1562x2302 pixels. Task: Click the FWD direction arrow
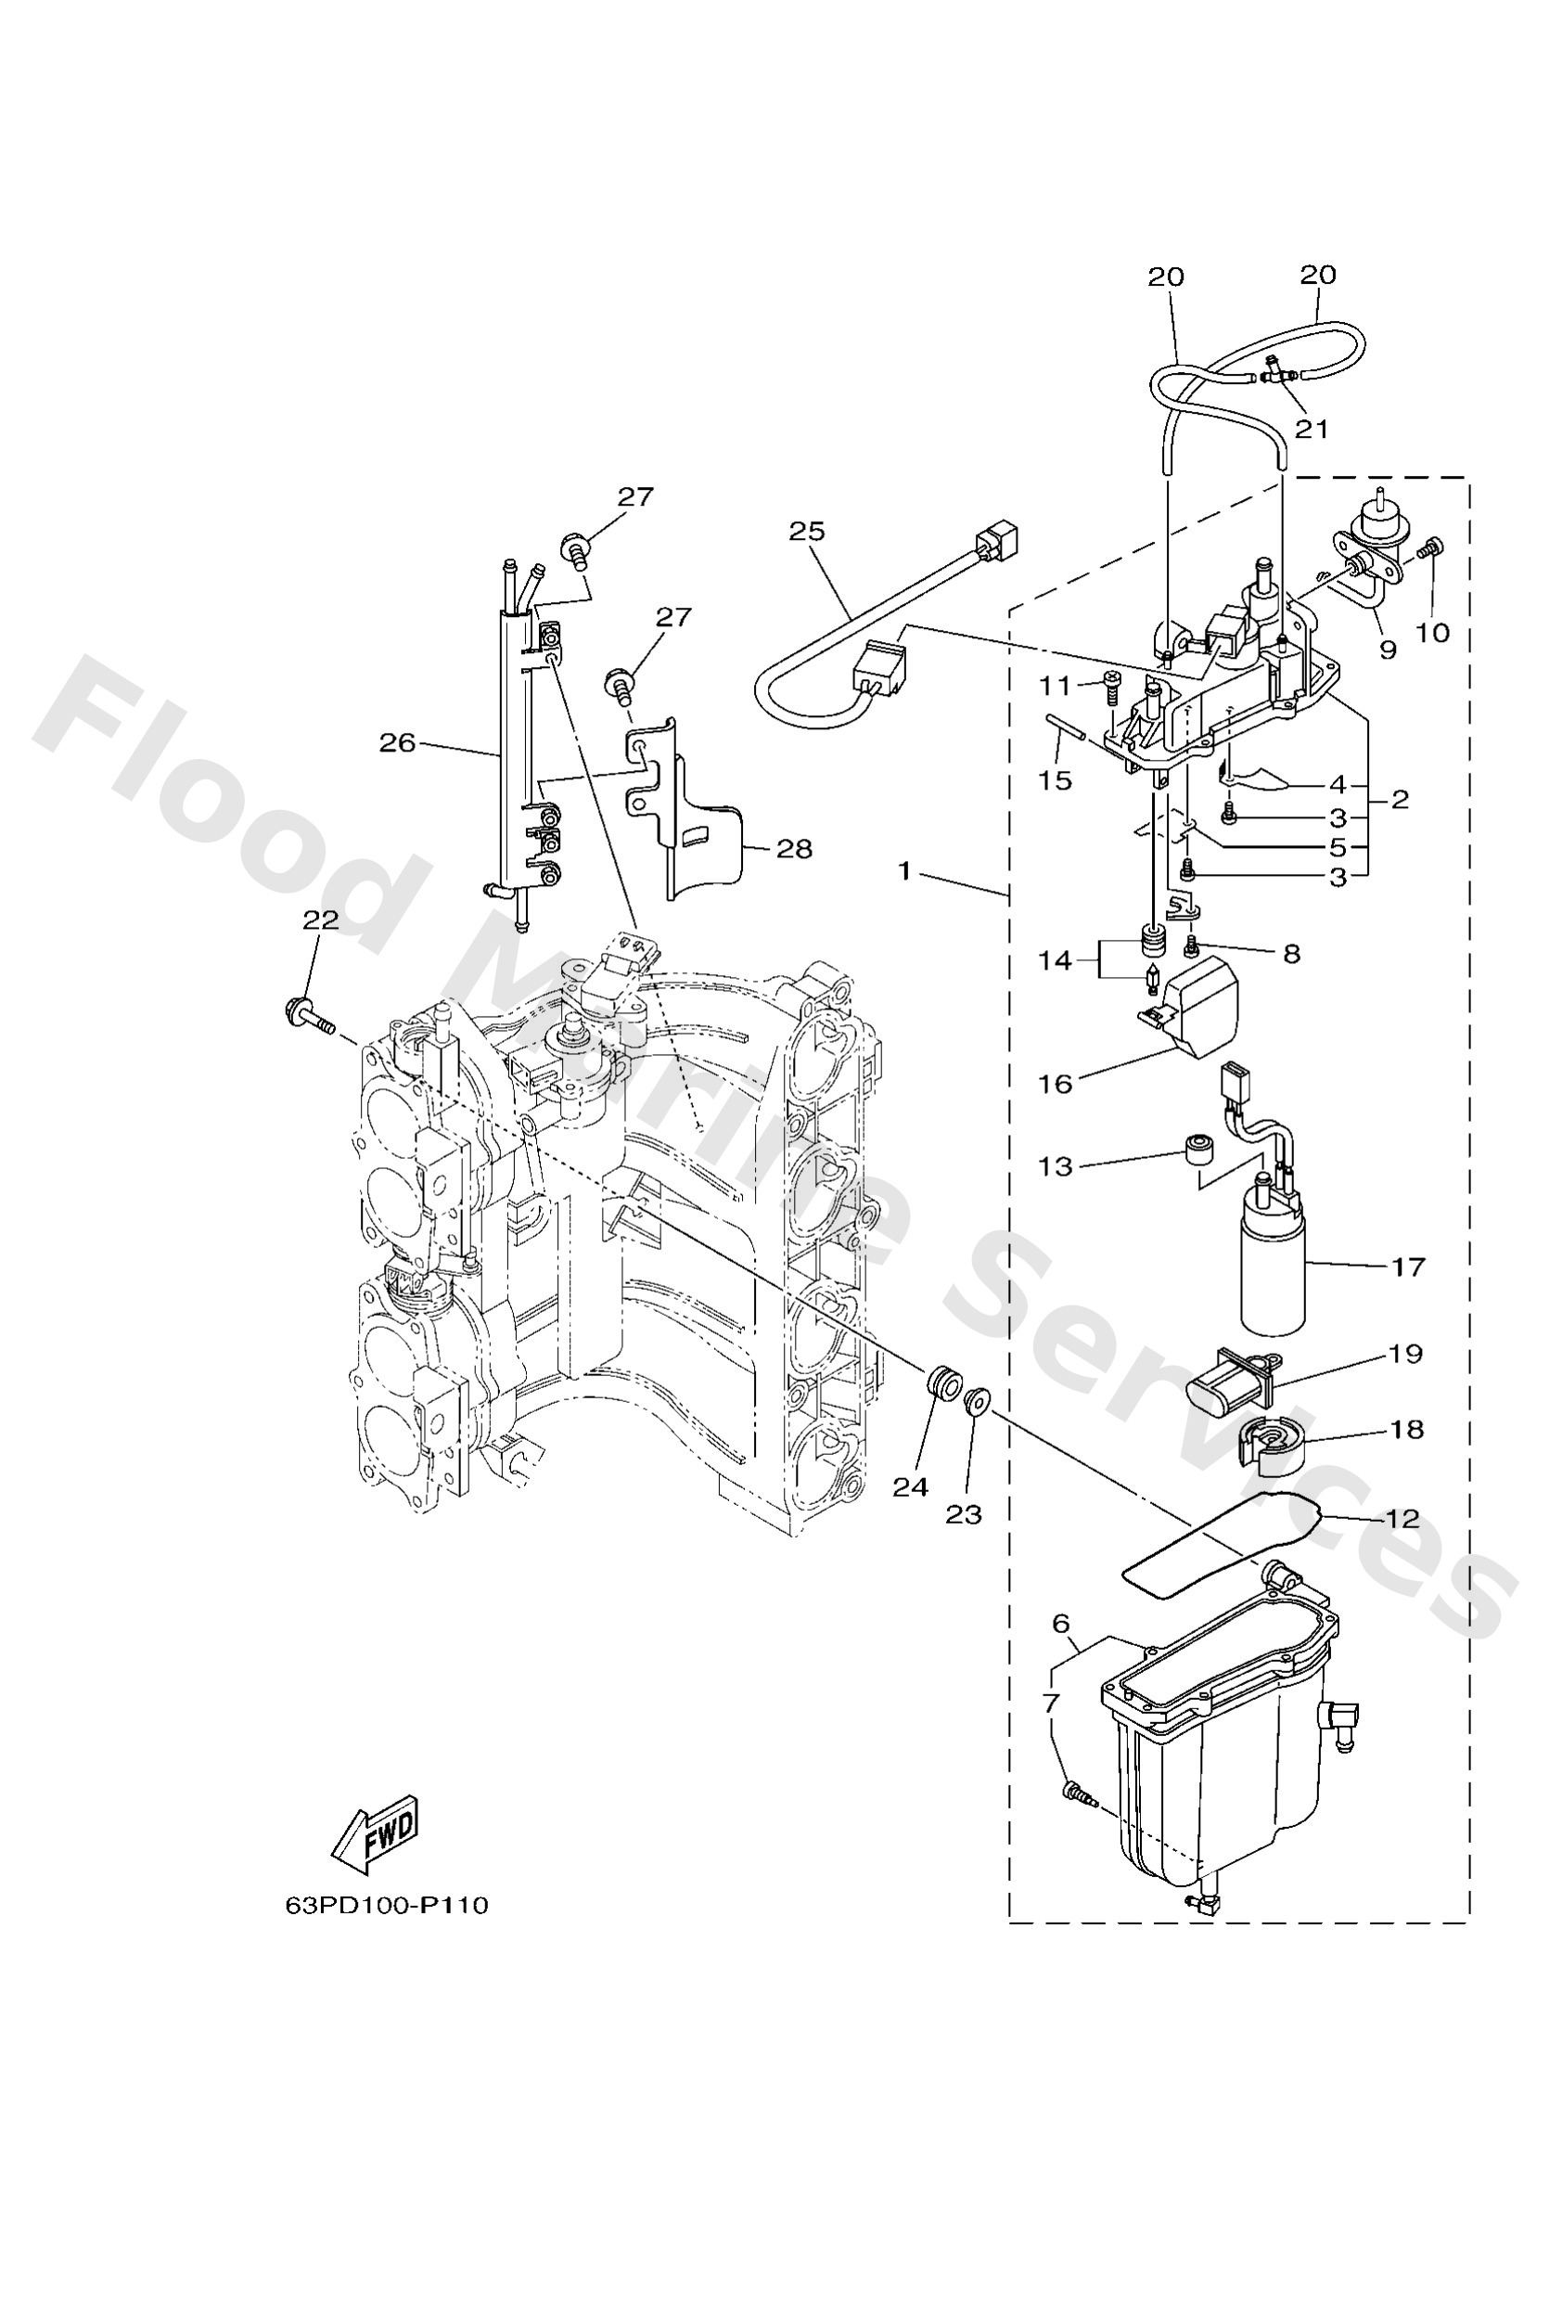(x=377, y=1833)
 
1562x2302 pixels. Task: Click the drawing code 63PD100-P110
(x=386, y=1906)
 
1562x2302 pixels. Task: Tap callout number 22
(x=320, y=920)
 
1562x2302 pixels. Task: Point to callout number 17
(x=1407, y=1267)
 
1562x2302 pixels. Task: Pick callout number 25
(x=806, y=531)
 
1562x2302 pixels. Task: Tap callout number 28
(x=793, y=849)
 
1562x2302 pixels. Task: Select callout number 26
(x=397, y=742)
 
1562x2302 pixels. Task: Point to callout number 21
(x=1312, y=429)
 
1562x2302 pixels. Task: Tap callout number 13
(x=1055, y=1166)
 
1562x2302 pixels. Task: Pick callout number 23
(x=963, y=1513)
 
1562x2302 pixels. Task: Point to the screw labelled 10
(x=1432, y=547)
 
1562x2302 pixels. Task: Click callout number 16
(x=1055, y=1084)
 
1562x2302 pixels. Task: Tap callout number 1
(x=903, y=871)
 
